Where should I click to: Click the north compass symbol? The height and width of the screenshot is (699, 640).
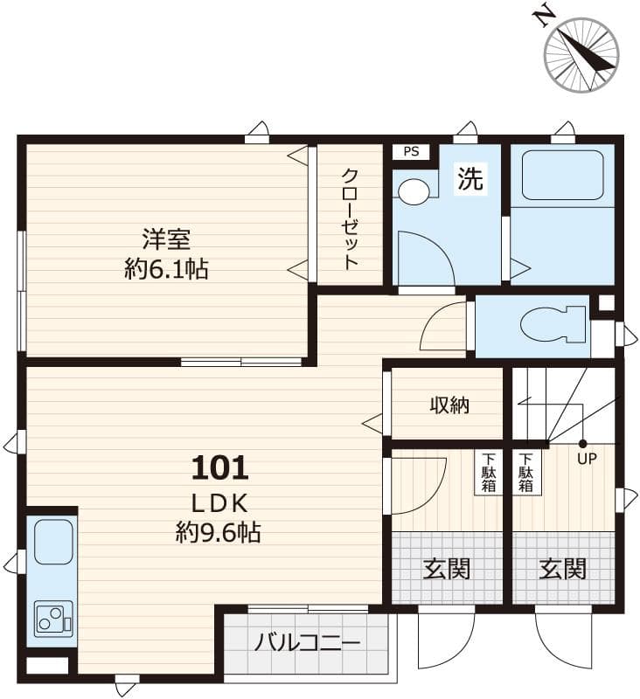581,54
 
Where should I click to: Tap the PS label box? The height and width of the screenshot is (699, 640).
410,152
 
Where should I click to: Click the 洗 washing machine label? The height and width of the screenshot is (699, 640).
470,179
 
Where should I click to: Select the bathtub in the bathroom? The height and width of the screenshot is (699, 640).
562,176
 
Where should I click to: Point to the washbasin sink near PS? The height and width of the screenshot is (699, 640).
415,191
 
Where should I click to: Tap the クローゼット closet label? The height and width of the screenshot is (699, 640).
350,218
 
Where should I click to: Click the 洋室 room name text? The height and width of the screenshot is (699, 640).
166,239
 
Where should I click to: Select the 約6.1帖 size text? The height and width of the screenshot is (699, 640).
166,269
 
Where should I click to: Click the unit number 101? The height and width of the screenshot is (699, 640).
220,468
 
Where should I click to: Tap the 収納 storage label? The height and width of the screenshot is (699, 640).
449,405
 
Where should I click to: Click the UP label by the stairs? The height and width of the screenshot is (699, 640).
586,459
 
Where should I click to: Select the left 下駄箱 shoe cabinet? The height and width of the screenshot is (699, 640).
488,472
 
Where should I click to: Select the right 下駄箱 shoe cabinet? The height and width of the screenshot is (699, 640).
525,472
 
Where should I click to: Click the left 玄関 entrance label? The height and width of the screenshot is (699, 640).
447,569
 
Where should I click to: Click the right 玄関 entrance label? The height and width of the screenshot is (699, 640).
562,569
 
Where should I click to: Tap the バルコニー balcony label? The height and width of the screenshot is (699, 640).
307,644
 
